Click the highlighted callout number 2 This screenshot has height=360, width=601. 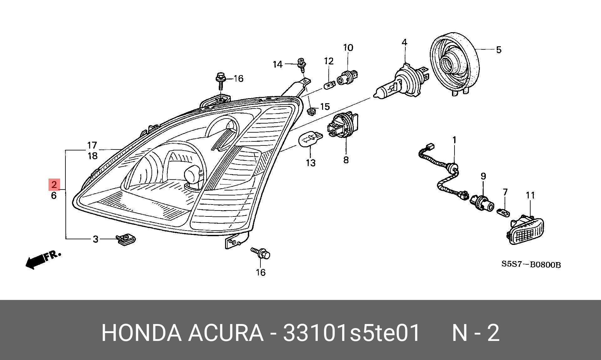(54, 185)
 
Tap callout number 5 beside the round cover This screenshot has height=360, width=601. (499, 50)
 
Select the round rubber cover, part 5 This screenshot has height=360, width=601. (455, 64)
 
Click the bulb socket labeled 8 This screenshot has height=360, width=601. (343, 126)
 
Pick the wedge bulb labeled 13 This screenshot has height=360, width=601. (310, 139)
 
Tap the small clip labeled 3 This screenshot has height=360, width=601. (126, 240)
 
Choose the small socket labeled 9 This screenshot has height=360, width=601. (482, 201)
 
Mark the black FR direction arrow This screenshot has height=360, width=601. (36, 261)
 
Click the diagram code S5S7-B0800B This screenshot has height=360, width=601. (531, 264)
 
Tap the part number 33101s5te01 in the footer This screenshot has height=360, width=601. (351, 333)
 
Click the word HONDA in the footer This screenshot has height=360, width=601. (141, 333)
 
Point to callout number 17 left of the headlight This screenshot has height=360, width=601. (92, 145)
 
